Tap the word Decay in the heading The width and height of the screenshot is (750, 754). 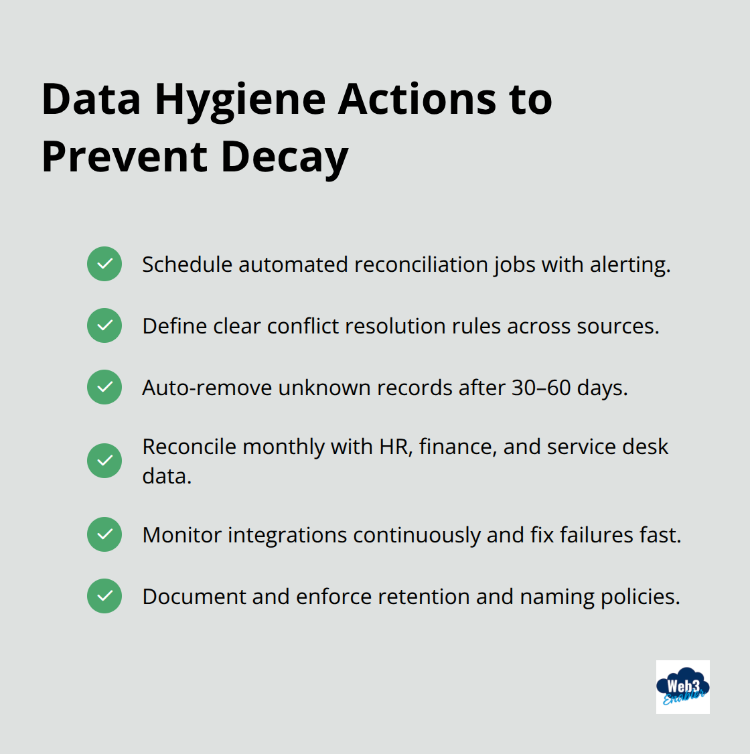coord(284,158)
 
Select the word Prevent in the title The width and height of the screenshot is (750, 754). coord(125,158)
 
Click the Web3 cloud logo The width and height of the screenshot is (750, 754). coord(682,687)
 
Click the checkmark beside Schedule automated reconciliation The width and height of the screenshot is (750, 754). coord(104,264)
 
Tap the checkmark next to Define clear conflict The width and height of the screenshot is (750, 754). coord(104,325)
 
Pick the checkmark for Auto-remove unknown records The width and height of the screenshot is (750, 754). coord(104,387)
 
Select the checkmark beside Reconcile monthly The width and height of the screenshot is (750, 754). coord(104,461)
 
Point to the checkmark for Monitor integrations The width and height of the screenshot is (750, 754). coord(104,534)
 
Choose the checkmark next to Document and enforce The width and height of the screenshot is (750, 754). coord(104,596)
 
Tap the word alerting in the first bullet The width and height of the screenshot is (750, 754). coord(629,265)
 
